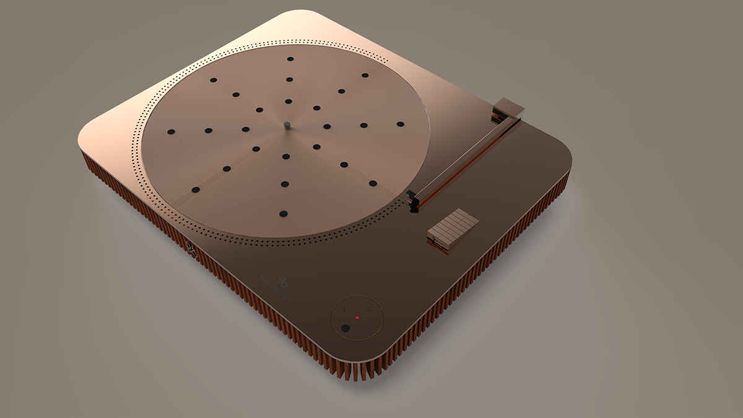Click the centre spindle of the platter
[x=287, y=126]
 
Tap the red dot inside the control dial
[x=357, y=318]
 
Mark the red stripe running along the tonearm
[x=464, y=164]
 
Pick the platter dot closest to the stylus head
[x=373, y=183]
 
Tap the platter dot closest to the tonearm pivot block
[x=400, y=124]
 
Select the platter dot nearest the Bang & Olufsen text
[x=284, y=214]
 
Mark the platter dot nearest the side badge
[x=196, y=189]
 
